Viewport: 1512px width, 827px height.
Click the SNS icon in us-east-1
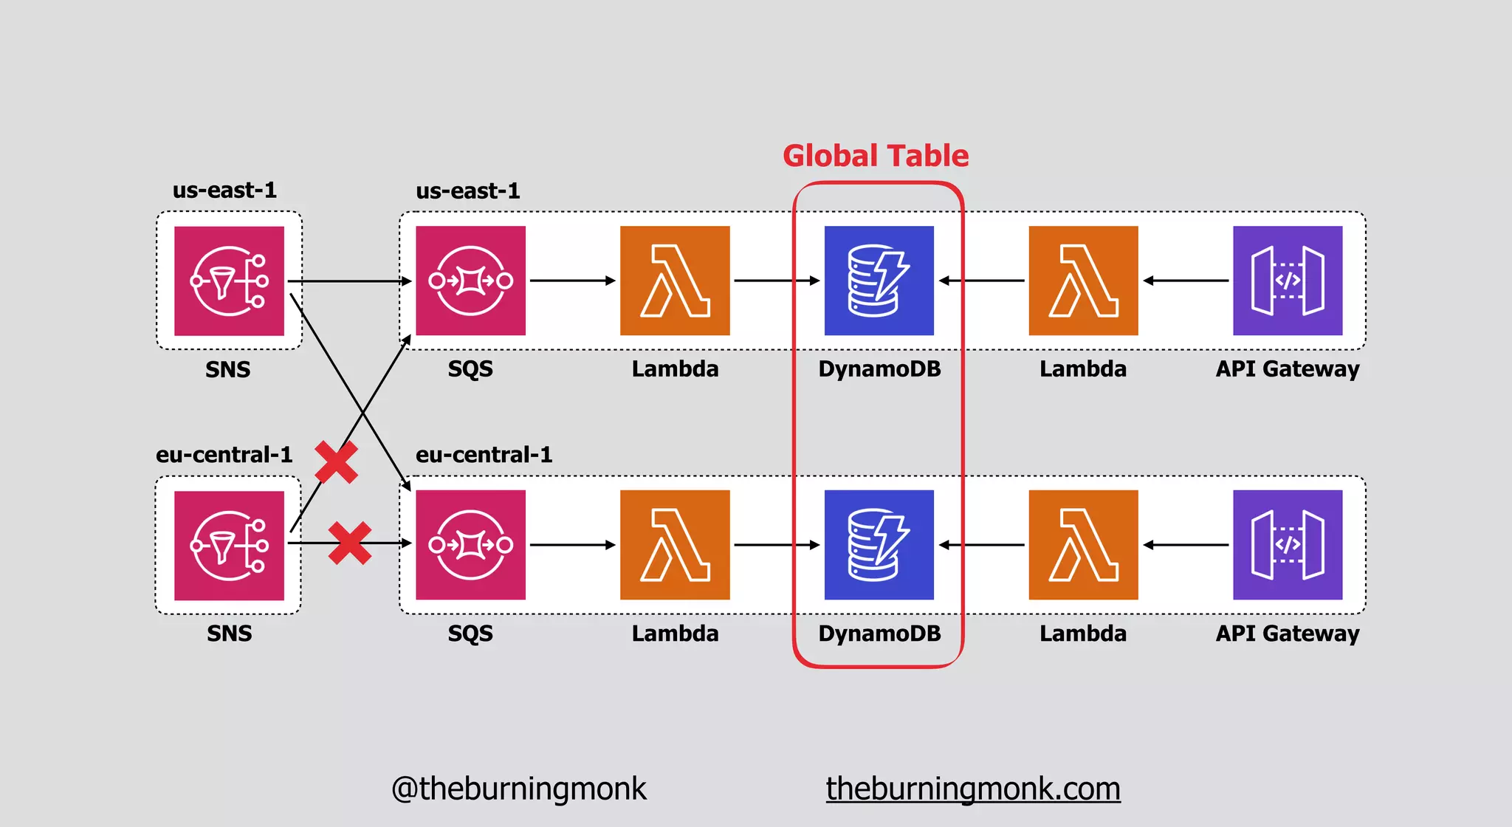(229, 281)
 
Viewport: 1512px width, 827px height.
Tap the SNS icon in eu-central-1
(229, 545)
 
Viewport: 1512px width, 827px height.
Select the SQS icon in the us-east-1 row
(470, 281)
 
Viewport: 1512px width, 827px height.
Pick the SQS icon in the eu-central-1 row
(470, 545)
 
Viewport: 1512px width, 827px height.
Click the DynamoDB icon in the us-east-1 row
(879, 281)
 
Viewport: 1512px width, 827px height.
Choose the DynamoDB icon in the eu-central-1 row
(879, 545)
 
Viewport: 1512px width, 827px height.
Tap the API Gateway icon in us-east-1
(1288, 281)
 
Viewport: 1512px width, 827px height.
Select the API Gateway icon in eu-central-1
(1288, 545)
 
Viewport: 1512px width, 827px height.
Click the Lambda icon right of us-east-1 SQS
(675, 281)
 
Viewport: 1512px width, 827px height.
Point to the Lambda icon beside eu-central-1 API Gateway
(1083, 545)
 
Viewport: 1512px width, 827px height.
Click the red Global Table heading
(876, 156)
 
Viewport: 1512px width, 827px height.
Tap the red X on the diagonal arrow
(337, 462)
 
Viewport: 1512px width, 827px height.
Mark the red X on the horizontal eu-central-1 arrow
(350, 543)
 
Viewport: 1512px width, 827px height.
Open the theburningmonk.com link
(973, 789)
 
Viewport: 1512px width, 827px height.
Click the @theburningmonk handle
(518, 789)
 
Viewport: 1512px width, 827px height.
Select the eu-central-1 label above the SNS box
(224, 454)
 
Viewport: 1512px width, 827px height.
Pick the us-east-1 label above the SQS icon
(468, 191)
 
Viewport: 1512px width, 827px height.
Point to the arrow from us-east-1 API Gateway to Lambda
(1186, 281)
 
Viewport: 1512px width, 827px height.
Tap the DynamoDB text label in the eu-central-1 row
(879, 634)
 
